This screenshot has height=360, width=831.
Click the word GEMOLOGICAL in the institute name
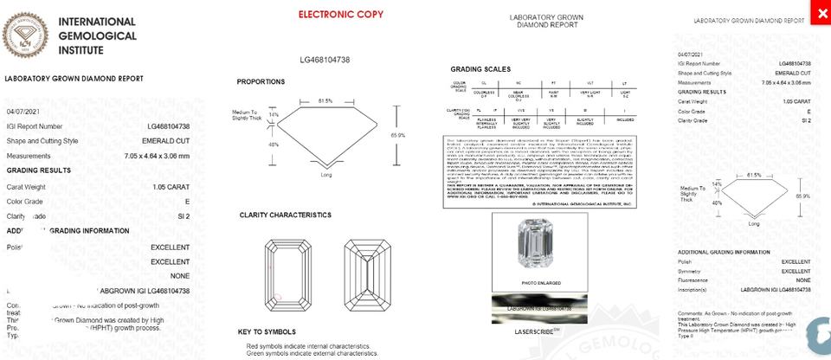click(x=97, y=35)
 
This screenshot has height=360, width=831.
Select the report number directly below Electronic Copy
click(x=325, y=60)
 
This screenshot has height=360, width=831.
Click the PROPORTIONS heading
click(x=261, y=81)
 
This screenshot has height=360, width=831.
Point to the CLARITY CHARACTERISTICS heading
click(x=285, y=215)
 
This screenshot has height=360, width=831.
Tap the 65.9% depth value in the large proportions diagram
click(x=398, y=135)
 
